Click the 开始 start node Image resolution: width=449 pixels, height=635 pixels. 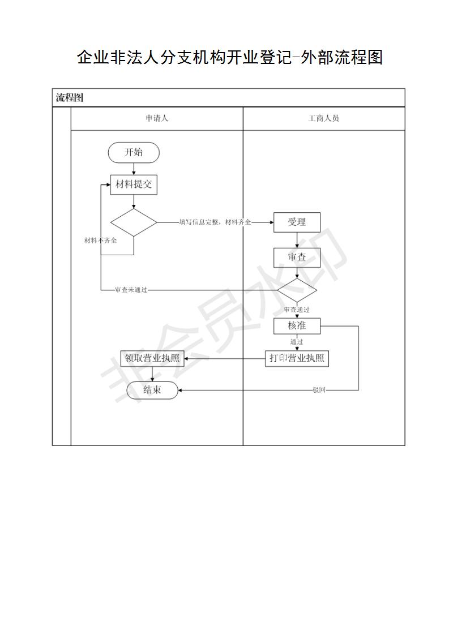click(134, 153)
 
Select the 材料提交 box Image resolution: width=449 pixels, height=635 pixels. click(134, 185)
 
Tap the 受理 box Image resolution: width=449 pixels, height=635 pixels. click(297, 222)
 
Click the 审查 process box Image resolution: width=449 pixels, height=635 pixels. click(297, 258)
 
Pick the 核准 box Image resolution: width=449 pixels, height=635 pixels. click(297, 326)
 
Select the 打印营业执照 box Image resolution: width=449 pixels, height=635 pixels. click(297, 358)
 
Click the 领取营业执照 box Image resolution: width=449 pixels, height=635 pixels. click(152, 358)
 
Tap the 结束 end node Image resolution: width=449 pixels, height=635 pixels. click(152, 390)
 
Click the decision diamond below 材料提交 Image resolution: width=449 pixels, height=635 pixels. click(134, 222)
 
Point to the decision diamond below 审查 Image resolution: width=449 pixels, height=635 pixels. click(297, 290)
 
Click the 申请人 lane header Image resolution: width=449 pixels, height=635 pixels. click(157, 118)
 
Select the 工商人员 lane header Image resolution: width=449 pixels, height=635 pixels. click(323, 118)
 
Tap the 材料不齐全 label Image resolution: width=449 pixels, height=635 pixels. click(100, 240)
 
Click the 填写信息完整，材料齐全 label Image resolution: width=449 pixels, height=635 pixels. click(215, 222)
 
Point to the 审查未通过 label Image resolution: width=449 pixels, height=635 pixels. click(131, 290)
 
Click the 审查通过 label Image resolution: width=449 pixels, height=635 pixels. click(297, 310)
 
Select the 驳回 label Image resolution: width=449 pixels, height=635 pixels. click(319, 390)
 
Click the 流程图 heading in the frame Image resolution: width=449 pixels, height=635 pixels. click(69, 97)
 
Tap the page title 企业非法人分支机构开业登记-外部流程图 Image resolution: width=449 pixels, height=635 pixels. click(230, 57)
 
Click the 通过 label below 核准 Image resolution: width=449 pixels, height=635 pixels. click(297, 342)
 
